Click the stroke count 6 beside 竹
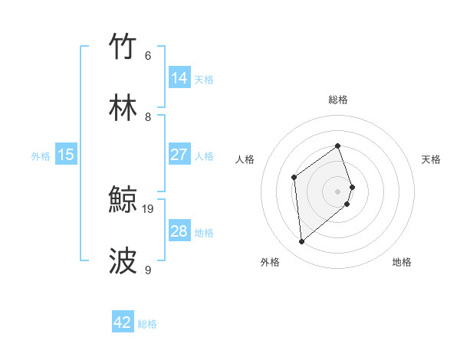click(x=147, y=55)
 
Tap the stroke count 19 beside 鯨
click(x=149, y=208)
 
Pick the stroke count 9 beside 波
click(x=147, y=270)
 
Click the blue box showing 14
click(x=179, y=77)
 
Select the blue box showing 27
click(x=179, y=154)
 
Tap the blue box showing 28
click(x=179, y=231)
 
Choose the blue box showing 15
click(x=66, y=155)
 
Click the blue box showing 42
click(x=123, y=322)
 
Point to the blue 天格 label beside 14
click(x=204, y=79)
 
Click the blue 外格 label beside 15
click(x=41, y=156)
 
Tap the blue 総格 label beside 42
click(x=147, y=324)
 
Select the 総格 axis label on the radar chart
click(x=338, y=100)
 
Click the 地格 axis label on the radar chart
click(x=402, y=262)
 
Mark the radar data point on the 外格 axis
click(x=302, y=242)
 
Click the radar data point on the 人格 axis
click(x=294, y=177)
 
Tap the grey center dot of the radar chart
click(x=338, y=191)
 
